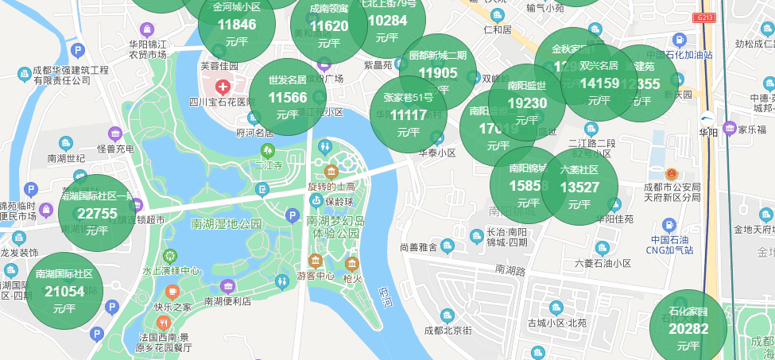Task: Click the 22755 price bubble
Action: pos(97,213)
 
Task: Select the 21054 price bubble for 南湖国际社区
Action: pos(64,291)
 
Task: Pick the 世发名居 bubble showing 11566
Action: pos(288,97)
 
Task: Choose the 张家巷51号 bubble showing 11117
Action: pos(409,114)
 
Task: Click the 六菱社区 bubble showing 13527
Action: pos(579,187)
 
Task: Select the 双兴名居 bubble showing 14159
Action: pos(599,83)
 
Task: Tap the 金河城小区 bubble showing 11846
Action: pos(237,24)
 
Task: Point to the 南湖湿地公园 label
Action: pos(227,224)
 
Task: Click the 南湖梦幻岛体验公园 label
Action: pos(335,226)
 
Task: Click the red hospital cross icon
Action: pos(223,86)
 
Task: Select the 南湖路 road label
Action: pos(511,270)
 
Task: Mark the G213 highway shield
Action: pos(703,17)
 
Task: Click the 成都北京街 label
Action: pos(448,330)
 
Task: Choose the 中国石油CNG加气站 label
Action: pos(672,245)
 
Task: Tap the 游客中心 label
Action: pos(316,276)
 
